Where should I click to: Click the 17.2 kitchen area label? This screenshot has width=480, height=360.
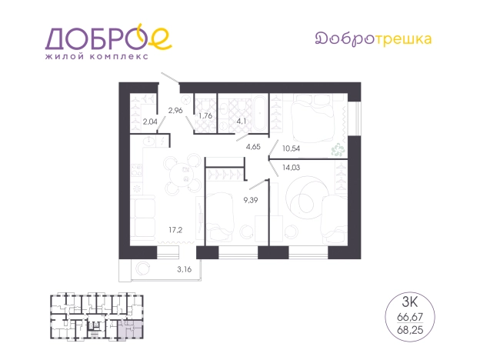176,228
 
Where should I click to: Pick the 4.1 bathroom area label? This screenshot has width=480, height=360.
242,120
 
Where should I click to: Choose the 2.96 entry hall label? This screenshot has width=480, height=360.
175,111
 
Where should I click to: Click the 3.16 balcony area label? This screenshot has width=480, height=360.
184,269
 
